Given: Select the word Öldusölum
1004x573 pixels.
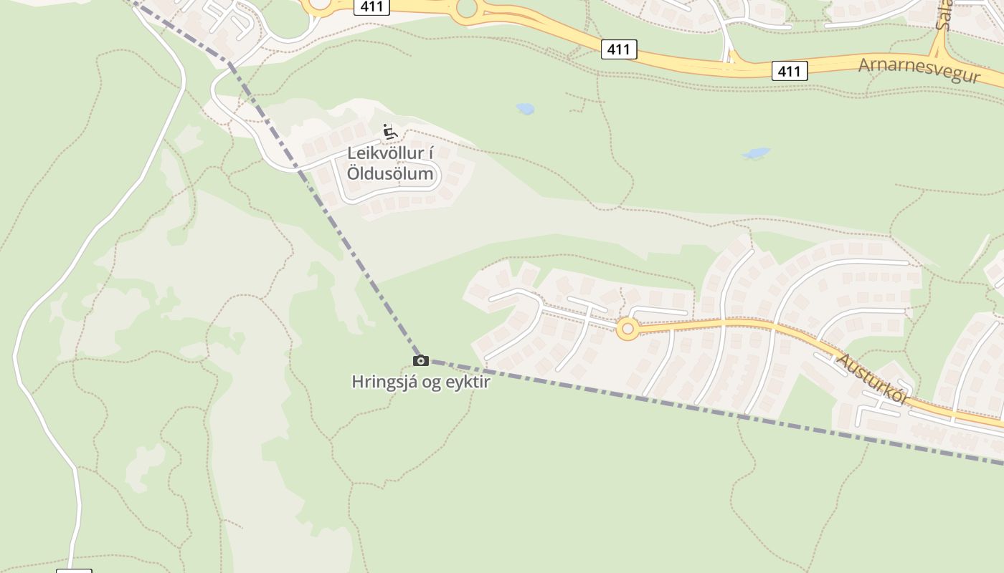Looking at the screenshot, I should (390, 173).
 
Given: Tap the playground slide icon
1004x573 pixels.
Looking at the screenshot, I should (389, 132).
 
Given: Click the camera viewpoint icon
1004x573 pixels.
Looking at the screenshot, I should (421, 360).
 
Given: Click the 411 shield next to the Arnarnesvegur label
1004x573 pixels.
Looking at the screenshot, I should (790, 71).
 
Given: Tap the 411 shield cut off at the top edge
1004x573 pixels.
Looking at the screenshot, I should (371, 6).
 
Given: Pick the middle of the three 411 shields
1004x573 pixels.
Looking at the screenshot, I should (618, 49).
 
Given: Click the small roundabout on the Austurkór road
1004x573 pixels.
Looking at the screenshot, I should (628, 329).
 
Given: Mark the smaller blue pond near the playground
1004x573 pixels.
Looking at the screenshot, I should (526, 109).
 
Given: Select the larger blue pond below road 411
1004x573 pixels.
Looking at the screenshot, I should (756, 153).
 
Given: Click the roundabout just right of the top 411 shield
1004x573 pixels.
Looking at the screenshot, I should (467, 8).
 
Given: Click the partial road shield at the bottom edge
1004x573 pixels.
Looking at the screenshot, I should (75, 570).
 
